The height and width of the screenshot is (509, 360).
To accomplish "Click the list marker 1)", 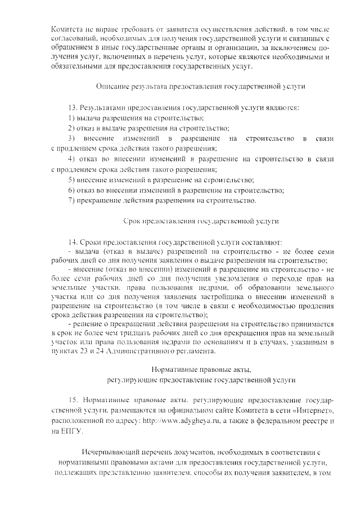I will pos(71,118).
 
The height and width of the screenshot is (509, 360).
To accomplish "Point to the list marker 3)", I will pos(71,138).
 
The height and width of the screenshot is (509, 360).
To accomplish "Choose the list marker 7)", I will pos(71,200).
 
